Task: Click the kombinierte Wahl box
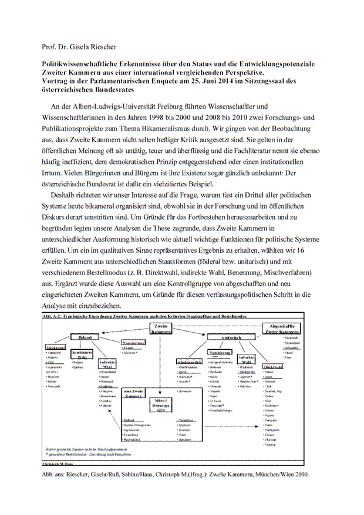tap(82, 355)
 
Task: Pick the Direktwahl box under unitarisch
tap(274, 366)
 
